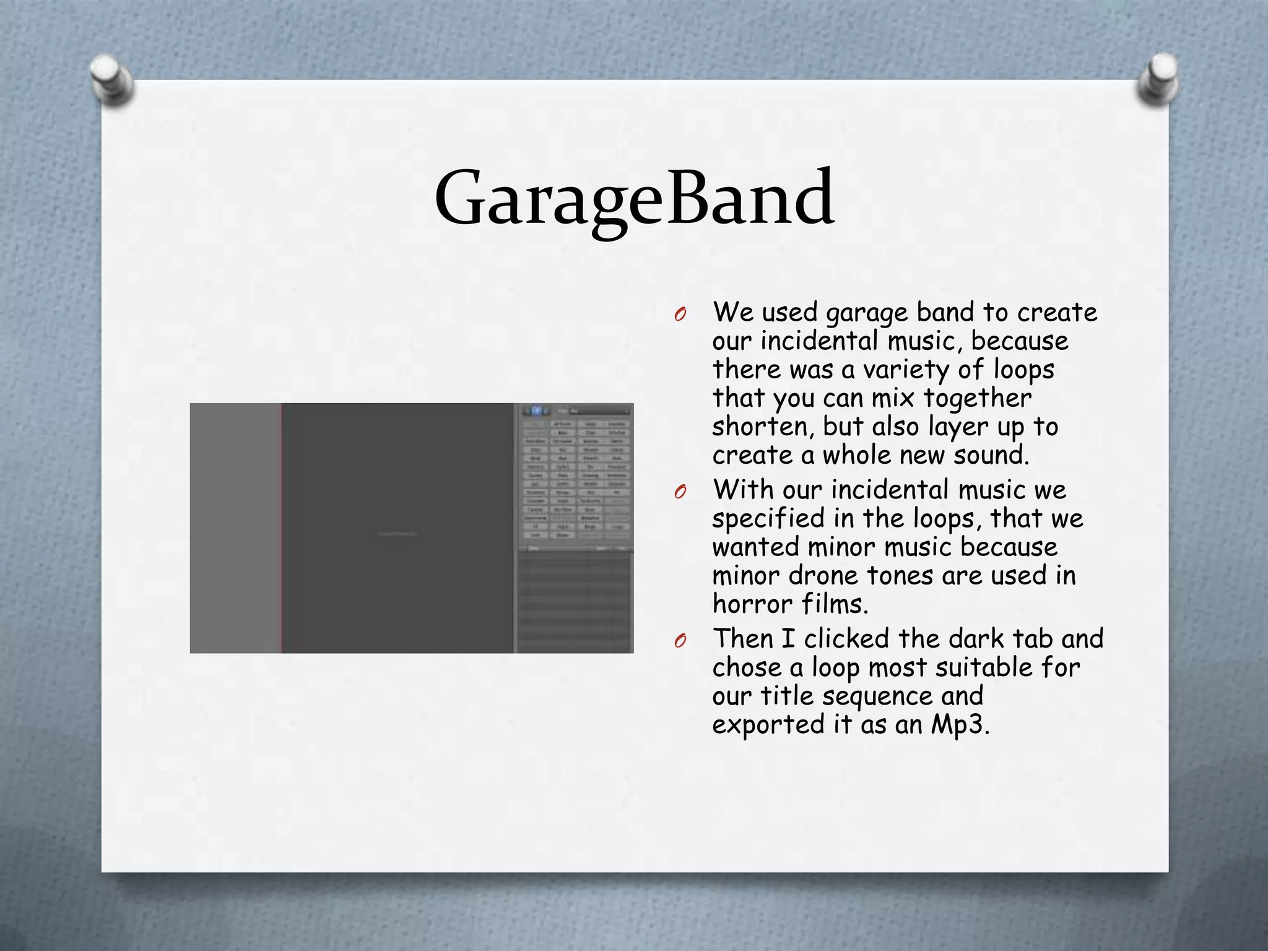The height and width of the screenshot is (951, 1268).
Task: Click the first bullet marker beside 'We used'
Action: [x=680, y=315]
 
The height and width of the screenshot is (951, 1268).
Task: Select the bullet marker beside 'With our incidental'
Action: [x=680, y=492]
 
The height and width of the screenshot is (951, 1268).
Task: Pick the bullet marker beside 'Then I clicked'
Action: [x=680, y=641]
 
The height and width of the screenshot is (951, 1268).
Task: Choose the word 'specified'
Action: [x=768, y=519]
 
